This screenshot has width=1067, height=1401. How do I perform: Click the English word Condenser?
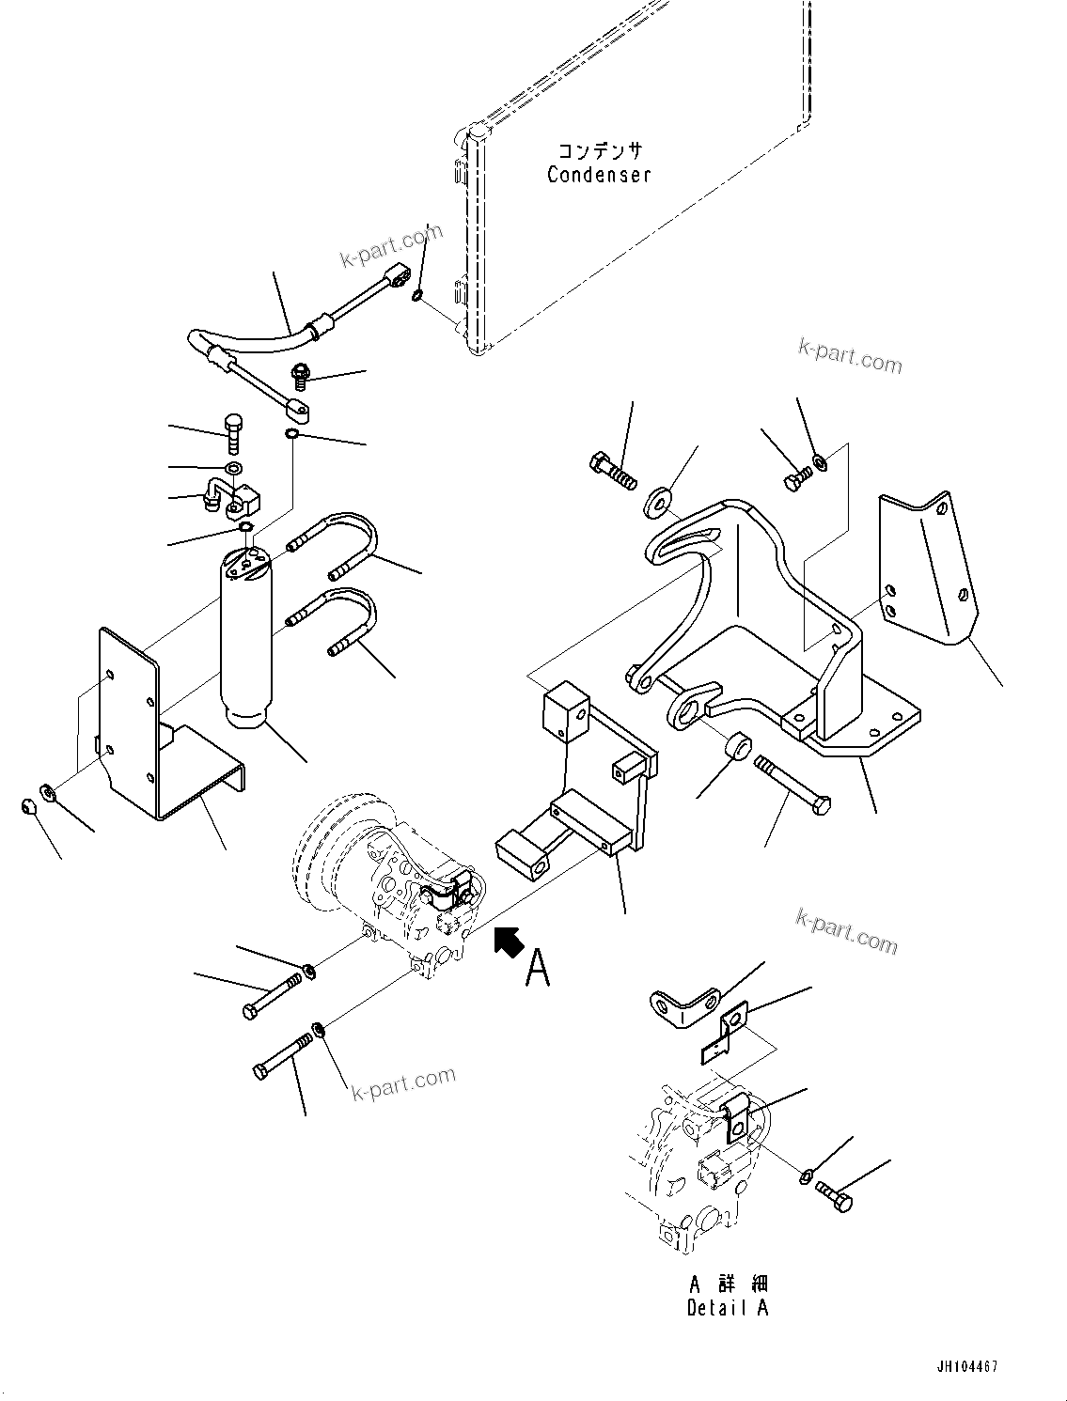599,175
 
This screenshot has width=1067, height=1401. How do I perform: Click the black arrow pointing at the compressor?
509,942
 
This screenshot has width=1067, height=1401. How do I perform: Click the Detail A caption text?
728,1308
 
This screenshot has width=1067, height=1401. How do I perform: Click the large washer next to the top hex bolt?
657,502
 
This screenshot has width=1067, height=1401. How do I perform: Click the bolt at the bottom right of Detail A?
834,1194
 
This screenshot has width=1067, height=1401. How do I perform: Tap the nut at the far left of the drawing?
29,806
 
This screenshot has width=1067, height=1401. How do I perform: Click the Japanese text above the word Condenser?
600,150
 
